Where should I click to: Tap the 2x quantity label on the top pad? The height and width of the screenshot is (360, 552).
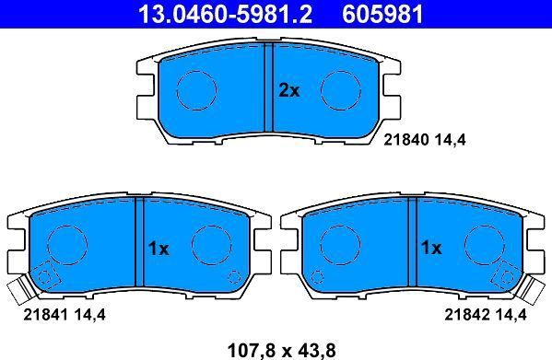pyautogui.click(x=289, y=90)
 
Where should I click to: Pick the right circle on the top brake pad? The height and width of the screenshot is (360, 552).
pyautogui.click(x=340, y=89)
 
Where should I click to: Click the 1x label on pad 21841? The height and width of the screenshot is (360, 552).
pyautogui.click(x=159, y=248)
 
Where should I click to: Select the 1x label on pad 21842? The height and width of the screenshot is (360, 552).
pyautogui.click(x=431, y=248)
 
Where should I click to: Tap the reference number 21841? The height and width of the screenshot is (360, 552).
pyautogui.click(x=41, y=314)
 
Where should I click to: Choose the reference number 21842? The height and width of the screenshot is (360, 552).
pyautogui.click(x=464, y=314)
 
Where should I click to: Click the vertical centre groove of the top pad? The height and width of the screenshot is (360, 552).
pyautogui.click(x=270, y=89)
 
